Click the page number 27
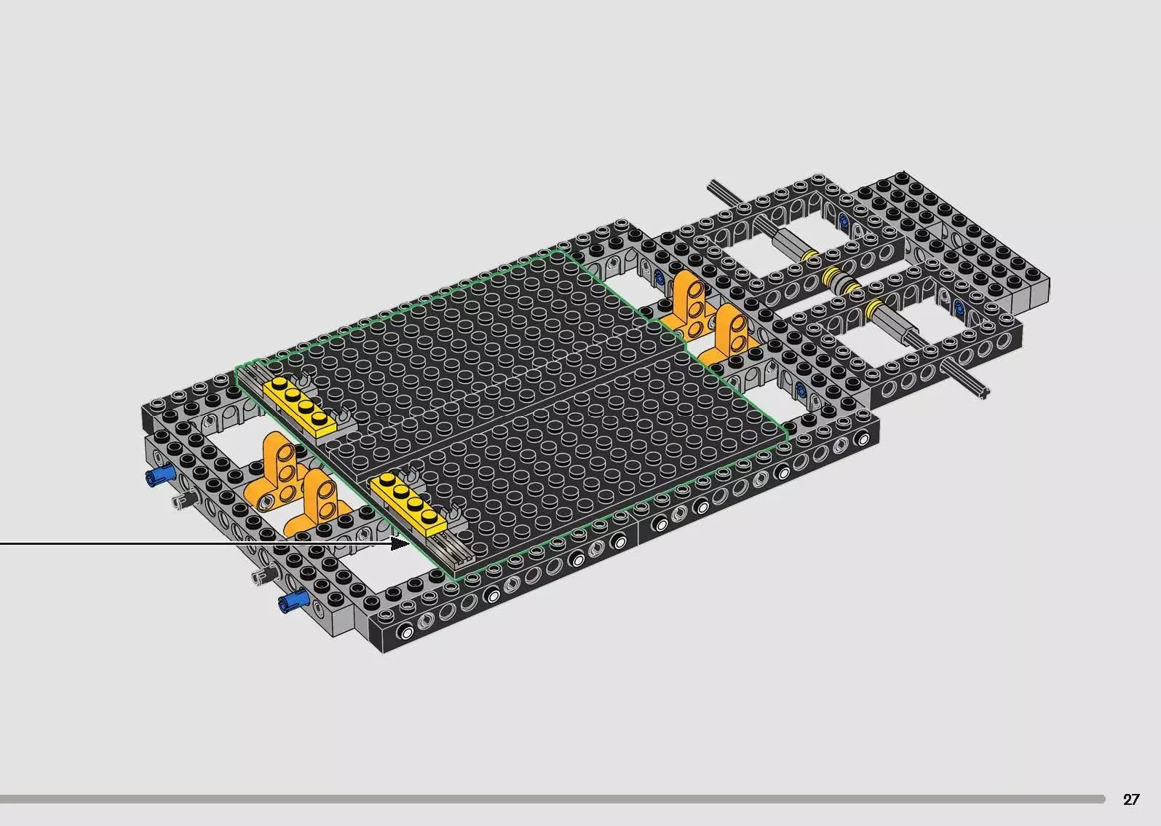1131,799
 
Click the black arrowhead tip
409,544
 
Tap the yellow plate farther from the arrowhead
300,406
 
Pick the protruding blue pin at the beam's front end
293,600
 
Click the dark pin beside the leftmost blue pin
185,500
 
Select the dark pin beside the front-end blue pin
266,575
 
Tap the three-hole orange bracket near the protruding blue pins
274,469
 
